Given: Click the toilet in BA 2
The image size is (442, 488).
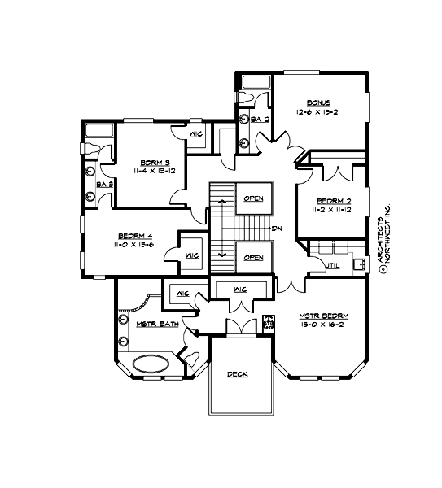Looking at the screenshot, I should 258,97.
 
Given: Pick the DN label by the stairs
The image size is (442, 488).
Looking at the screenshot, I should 277,227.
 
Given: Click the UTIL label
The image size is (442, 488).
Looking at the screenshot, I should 331,265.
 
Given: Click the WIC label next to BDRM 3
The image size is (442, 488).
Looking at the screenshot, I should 195,134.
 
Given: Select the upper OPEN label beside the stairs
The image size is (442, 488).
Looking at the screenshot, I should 253,198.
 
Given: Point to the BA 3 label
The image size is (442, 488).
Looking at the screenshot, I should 103,185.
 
